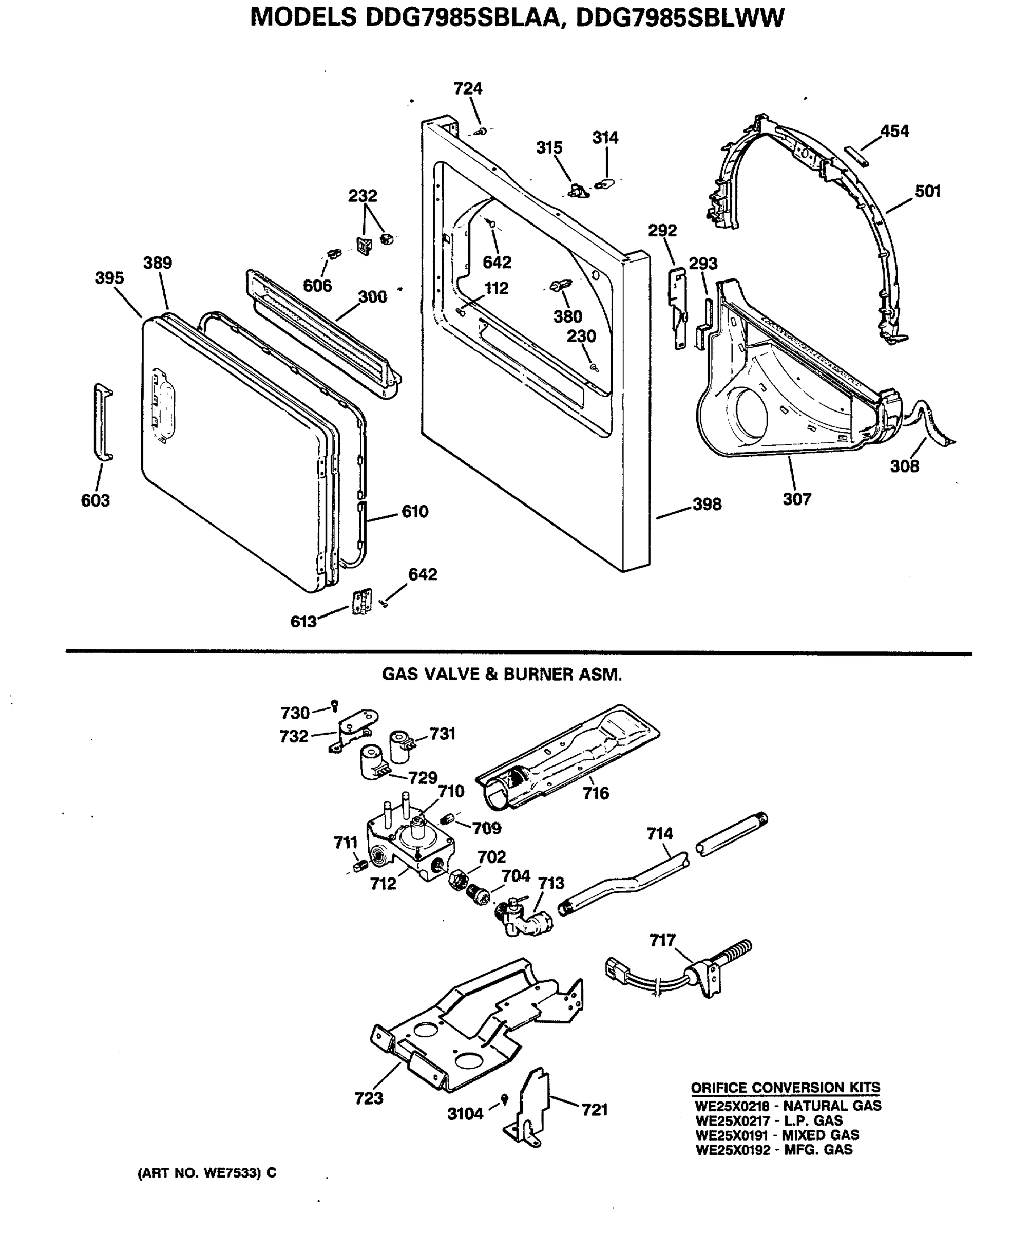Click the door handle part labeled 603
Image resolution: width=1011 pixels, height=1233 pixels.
[x=103, y=422]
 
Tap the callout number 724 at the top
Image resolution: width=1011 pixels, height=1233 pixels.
[x=468, y=88]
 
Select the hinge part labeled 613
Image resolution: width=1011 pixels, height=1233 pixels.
[x=361, y=602]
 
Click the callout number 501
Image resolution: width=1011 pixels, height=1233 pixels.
[x=928, y=191]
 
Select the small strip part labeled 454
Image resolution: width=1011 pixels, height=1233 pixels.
[x=856, y=156]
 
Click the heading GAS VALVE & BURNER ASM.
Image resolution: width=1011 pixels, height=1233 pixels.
[x=502, y=675]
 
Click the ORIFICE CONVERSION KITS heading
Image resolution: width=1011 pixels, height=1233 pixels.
[x=785, y=1087]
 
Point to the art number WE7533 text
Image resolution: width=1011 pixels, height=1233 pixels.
[x=207, y=1173]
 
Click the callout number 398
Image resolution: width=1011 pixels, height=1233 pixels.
[x=707, y=504]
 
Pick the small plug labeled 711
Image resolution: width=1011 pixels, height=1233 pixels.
[x=360, y=867]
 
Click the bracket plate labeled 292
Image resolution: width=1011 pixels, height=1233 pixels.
[x=678, y=306]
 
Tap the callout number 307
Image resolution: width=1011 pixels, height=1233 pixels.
[x=797, y=499]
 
